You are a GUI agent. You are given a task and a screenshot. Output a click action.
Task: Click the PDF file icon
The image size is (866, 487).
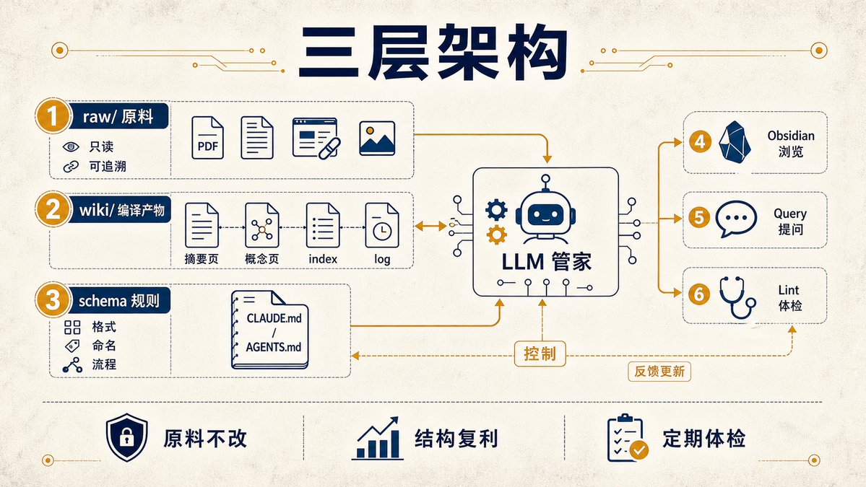[x=208, y=138]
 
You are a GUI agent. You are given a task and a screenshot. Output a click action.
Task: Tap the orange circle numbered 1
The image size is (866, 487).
[x=53, y=116]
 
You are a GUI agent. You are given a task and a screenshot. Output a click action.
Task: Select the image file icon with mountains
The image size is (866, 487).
[x=377, y=138]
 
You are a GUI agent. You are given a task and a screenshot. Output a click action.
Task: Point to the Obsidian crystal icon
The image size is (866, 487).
[x=735, y=142]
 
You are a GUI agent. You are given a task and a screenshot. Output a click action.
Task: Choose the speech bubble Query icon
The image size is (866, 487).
[x=736, y=219]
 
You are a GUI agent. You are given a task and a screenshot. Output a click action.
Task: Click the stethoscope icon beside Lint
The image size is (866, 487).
[x=737, y=297]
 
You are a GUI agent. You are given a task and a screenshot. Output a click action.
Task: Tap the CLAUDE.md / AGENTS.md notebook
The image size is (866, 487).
[x=270, y=330]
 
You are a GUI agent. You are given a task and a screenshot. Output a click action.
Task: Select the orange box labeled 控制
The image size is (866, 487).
[x=540, y=354]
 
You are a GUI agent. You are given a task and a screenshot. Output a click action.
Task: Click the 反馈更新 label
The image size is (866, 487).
[x=659, y=371]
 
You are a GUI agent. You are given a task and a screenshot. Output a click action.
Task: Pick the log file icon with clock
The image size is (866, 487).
[x=381, y=225]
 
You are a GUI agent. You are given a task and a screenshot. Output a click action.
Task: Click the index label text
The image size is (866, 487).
[x=323, y=259]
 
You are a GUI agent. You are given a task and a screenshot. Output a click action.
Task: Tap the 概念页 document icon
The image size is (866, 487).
[x=261, y=225]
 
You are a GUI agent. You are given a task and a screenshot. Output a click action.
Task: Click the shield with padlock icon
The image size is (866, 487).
[x=127, y=437]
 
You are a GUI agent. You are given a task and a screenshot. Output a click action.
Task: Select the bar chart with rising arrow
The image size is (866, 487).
[x=377, y=439]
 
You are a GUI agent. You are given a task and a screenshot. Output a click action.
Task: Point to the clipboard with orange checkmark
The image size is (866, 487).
[x=628, y=438]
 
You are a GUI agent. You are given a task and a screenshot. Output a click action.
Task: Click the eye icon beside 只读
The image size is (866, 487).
[x=71, y=146]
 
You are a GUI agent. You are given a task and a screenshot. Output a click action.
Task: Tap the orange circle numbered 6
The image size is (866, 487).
[x=699, y=294]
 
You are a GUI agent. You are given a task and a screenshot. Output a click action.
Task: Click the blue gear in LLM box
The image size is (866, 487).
[x=496, y=210]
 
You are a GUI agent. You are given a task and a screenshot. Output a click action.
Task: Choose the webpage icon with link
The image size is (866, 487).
[x=316, y=138]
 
